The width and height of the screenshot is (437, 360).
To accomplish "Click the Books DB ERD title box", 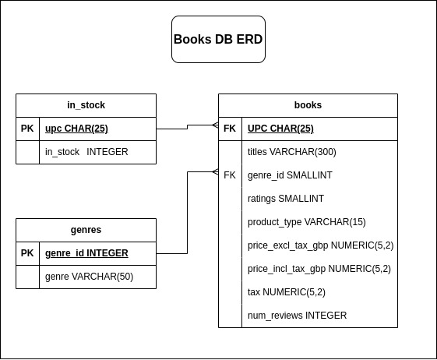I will [x=218, y=39].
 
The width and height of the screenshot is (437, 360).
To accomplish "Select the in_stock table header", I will [x=86, y=105].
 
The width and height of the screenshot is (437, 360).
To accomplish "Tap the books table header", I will [x=308, y=105].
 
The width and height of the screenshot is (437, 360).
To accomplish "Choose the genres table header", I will [x=86, y=230].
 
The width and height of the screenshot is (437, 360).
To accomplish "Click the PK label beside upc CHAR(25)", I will [x=27, y=129].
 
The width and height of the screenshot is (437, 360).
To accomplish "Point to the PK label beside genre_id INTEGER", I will [x=27, y=253].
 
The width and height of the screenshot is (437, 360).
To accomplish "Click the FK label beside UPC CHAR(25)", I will [x=230, y=129].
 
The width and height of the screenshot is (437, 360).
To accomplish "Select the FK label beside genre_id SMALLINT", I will [x=230, y=175].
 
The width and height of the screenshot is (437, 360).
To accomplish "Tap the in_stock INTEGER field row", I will [x=86, y=152].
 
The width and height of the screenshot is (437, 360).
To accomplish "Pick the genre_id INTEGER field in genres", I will [x=86, y=253].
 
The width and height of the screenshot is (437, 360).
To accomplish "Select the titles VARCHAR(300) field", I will [x=291, y=152].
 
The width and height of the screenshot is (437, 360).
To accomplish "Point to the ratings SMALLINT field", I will [x=285, y=199].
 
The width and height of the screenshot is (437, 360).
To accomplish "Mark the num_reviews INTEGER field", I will [x=297, y=316].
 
